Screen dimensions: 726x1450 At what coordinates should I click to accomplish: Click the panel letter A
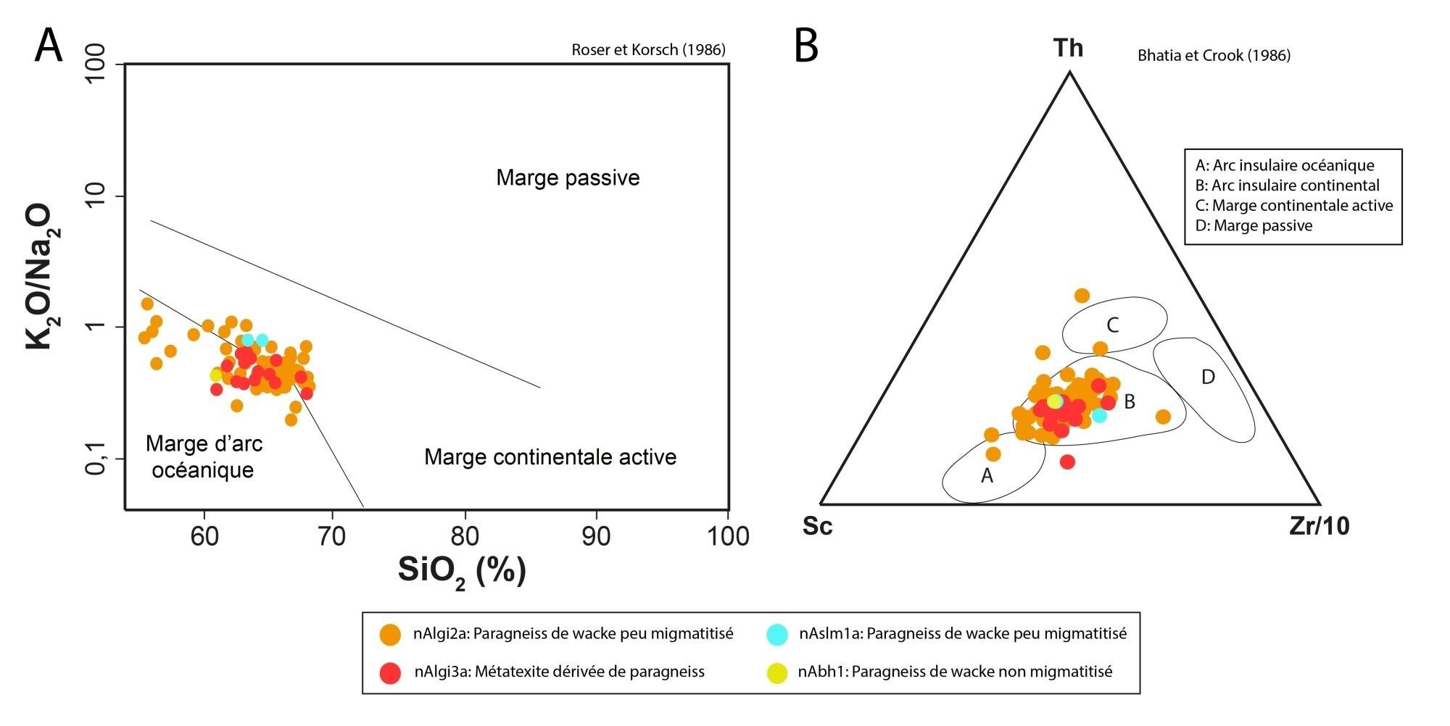(x=49, y=46)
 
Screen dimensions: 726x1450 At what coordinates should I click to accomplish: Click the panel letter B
(x=807, y=46)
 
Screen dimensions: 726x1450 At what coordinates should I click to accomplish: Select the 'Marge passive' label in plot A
(x=568, y=178)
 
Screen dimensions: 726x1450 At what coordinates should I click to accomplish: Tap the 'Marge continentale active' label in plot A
(x=550, y=457)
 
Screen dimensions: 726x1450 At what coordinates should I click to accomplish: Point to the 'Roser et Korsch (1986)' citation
(x=648, y=50)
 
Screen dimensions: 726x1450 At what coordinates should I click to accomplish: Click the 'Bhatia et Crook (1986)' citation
(x=1214, y=56)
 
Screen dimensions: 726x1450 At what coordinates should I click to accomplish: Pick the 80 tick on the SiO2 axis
(x=465, y=537)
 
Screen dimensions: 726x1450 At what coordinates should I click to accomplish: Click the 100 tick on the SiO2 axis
(x=727, y=537)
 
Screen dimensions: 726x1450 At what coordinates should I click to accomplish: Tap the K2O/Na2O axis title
(x=40, y=278)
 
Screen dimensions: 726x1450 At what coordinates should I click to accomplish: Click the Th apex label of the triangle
(x=1068, y=49)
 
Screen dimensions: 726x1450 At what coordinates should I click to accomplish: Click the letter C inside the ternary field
(x=1112, y=325)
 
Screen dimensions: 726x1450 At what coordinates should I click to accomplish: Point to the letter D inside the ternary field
(x=1208, y=377)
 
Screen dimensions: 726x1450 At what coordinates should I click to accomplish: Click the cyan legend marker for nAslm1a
(x=776, y=634)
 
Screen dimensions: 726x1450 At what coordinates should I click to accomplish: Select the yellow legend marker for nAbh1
(x=776, y=672)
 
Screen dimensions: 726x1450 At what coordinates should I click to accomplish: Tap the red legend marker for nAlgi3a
(x=391, y=672)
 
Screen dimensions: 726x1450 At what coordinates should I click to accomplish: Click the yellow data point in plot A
(x=216, y=375)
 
